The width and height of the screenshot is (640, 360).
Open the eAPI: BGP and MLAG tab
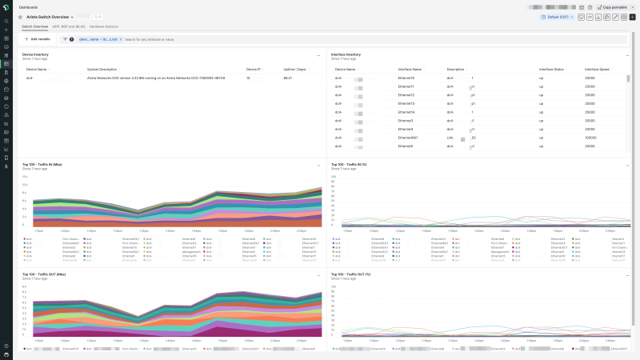tap(69, 26)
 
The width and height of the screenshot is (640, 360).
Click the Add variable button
tap(37, 38)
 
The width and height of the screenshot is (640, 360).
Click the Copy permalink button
tap(614, 6)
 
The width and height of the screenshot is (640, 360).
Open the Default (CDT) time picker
tap(556, 16)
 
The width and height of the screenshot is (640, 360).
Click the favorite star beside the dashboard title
tap(20, 16)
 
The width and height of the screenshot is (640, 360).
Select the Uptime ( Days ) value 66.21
tap(287, 78)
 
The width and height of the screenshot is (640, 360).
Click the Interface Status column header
tap(552, 70)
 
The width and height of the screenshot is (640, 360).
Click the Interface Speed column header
tap(598, 70)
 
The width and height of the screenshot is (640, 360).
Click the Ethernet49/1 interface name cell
tap(408, 138)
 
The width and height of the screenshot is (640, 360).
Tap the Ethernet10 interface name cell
tap(406, 78)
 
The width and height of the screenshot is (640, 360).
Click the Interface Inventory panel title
tap(347, 54)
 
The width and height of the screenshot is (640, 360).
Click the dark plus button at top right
tap(633, 16)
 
